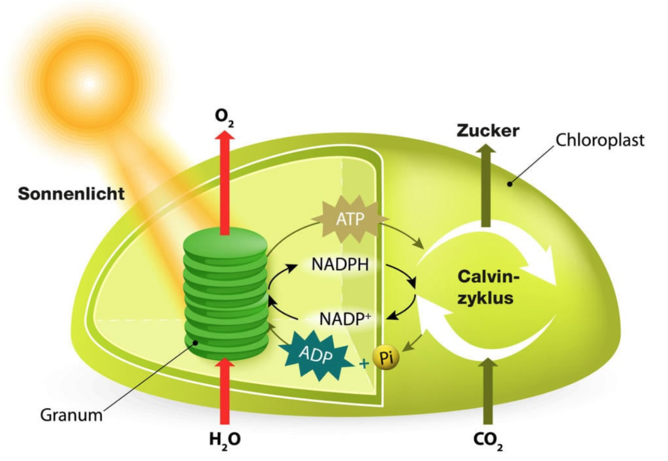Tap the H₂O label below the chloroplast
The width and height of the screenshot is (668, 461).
click(224, 440)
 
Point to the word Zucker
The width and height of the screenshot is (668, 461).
click(488, 131)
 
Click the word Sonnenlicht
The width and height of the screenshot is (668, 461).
click(71, 194)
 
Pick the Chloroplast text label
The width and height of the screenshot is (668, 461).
click(600, 139)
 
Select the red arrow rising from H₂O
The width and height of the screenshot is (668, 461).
click(224, 390)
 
